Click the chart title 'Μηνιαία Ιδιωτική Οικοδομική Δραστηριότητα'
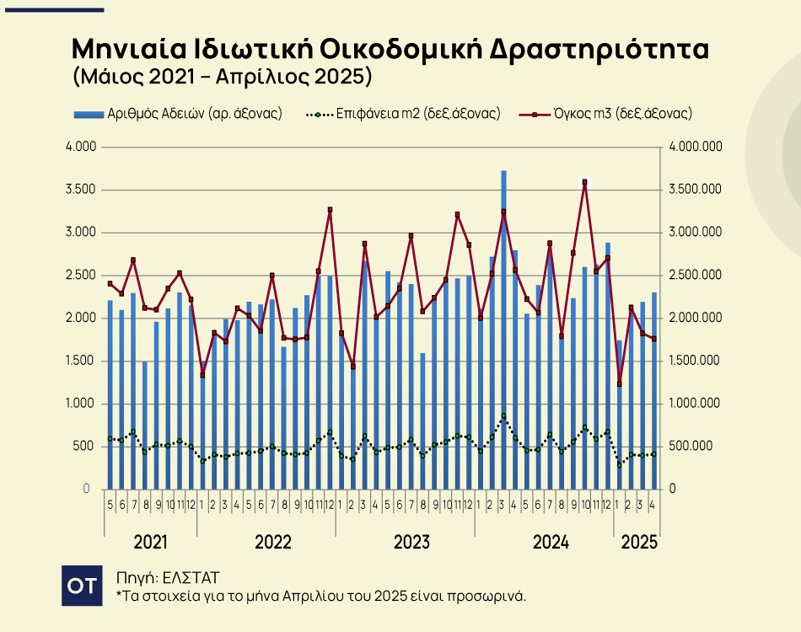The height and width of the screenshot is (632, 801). [x=390, y=48]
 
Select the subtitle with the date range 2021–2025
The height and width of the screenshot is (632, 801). [x=223, y=78]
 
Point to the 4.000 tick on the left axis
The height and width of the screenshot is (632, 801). [x=83, y=147]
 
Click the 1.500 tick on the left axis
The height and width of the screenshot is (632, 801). [x=83, y=361]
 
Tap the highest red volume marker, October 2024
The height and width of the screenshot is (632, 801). [x=584, y=182]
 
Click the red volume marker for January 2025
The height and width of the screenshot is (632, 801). [x=619, y=383]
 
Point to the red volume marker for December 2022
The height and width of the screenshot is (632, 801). [x=330, y=210]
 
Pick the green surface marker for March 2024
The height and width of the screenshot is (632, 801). [x=503, y=416]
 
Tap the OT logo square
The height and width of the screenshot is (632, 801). [x=82, y=586]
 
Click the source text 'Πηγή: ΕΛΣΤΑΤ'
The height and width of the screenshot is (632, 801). [x=168, y=577]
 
